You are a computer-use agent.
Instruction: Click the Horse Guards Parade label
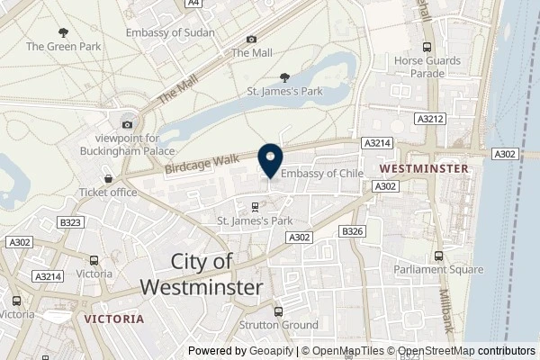(427, 66)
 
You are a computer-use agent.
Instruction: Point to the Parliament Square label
(438, 269)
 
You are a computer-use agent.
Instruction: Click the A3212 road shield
(428, 117)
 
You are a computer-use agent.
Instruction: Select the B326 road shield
(352, 231)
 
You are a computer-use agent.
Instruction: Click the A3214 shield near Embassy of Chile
(376, 143)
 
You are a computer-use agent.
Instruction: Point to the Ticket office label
(108, 192)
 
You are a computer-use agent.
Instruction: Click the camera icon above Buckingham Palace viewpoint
(128, 124)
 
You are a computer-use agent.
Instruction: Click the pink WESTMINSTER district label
(424, 168)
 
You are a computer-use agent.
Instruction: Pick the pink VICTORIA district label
(112, 319)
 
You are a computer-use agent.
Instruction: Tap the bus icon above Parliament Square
(438, 256)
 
